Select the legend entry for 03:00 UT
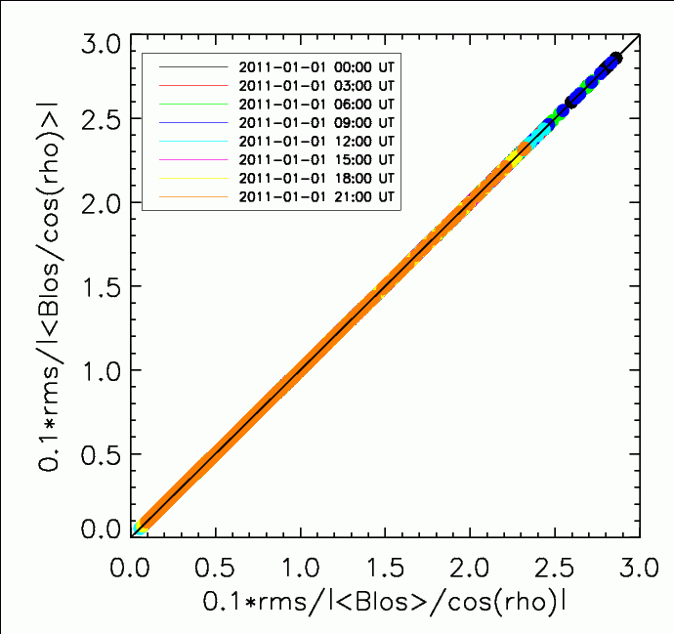tap(316, 86)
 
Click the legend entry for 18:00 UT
tap(316, 179)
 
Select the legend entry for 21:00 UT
tap(316, 197)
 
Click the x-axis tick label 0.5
tap(217, 567)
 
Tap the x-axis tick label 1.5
tap(385, 567)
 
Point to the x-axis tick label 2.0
tap(469, 567)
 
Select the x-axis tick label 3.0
tap(637, 567)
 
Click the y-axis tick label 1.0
tap(102, 371)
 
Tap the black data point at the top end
tap(615, 59)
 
